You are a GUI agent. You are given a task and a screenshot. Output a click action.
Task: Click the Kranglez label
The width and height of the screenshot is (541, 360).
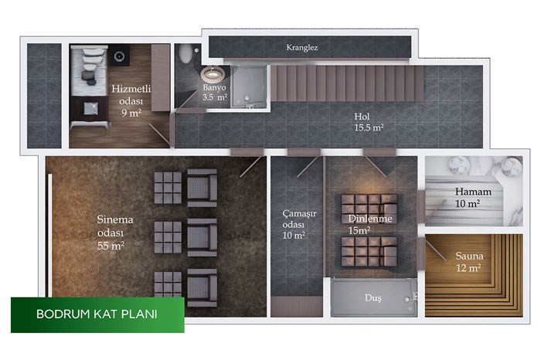(x=302, y=48)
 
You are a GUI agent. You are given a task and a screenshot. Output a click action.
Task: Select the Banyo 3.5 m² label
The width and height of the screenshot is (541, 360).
(x=215, y=93)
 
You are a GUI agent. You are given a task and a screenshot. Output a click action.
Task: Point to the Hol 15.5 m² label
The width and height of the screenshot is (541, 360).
(x=369, y=122)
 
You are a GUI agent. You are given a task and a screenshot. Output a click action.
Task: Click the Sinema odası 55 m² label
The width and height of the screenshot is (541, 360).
(x=115, y=233)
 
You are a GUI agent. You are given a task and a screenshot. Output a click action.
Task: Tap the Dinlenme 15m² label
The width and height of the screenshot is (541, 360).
(x=370, y=224)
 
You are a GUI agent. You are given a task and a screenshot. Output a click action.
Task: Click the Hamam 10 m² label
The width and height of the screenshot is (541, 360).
(x=473, y=197)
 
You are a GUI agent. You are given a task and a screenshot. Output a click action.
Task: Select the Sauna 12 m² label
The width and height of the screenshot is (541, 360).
(x=469, y=262)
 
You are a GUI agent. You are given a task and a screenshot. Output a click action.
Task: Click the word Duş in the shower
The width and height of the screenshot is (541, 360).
(x=373, y=298)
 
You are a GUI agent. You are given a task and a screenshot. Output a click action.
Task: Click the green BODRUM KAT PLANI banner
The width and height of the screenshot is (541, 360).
(x=97, y=315)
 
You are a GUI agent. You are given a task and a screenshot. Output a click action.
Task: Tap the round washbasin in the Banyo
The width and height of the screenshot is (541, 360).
(x=213, y=74)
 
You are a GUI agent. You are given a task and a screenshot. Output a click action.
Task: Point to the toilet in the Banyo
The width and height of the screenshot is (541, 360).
(x=186, y=53)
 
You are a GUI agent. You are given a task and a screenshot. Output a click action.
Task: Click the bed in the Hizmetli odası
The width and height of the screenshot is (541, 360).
(x=89, y=71)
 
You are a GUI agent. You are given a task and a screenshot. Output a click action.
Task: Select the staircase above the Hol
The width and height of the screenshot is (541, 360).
(x=347, y=83)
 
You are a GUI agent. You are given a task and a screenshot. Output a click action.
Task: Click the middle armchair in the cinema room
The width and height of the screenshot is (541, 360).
(x=202, y=237)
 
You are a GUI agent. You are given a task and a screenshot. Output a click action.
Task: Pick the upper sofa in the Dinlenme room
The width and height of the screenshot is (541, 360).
(x=369, y=209)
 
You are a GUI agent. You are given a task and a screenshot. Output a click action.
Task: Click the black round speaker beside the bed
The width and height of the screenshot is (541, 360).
(x=119, y=56)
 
